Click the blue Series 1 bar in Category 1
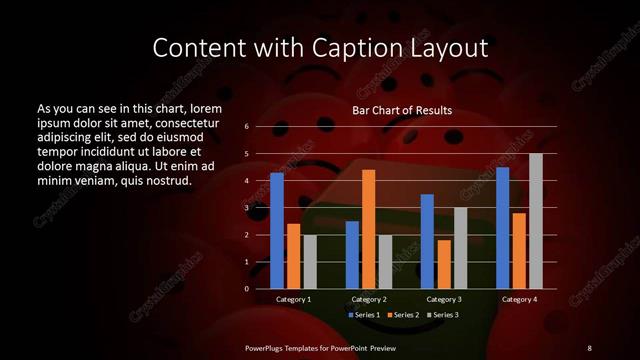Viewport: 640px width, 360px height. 277,230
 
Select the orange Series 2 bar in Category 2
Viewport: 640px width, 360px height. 368,229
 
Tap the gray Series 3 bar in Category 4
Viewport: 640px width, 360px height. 535,221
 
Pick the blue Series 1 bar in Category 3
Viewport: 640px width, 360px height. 427,241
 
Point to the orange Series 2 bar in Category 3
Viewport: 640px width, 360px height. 443,264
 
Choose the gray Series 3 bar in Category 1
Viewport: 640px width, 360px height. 309,261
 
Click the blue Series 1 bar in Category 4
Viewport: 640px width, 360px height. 502,227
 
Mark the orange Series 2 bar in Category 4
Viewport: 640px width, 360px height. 518,250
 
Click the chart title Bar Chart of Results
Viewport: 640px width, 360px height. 402,110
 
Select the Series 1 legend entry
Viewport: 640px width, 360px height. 366,315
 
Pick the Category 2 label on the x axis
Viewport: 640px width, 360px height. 369,299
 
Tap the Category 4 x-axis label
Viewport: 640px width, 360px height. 518,299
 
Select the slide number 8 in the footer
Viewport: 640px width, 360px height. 589,347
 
